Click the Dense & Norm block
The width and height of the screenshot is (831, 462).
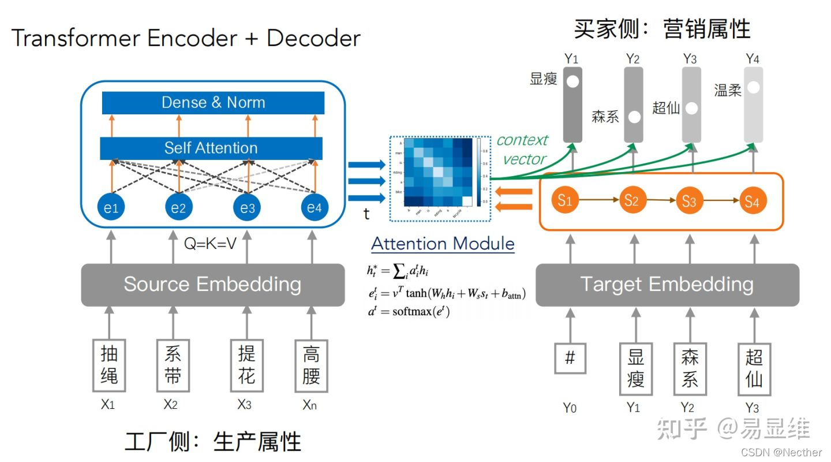pos(213,103)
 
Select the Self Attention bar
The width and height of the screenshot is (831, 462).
pos(211,148)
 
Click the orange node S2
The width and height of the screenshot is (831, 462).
pos(631,201)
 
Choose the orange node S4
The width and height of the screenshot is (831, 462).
pos(752,201)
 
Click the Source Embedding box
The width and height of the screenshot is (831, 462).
pos(212,285)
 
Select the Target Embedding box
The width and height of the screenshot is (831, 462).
pos(667,285)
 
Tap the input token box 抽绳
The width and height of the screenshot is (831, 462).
pos(109,366)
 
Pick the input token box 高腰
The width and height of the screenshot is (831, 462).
pos(311,366)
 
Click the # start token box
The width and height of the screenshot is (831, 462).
pos(570,359)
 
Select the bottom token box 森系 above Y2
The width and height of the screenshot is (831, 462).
pos(690,369)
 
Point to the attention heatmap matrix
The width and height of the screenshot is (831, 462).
pos(436,172)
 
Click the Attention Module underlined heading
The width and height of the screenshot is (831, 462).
pos(443,244)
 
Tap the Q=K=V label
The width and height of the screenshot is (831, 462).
pos(211,244)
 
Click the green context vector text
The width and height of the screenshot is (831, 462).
pos(523,150)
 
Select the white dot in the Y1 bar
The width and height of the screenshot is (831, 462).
pos(572,81)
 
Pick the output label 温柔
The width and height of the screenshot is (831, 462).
pos(728,91)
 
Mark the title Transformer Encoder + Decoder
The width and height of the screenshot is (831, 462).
pos(186,38)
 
